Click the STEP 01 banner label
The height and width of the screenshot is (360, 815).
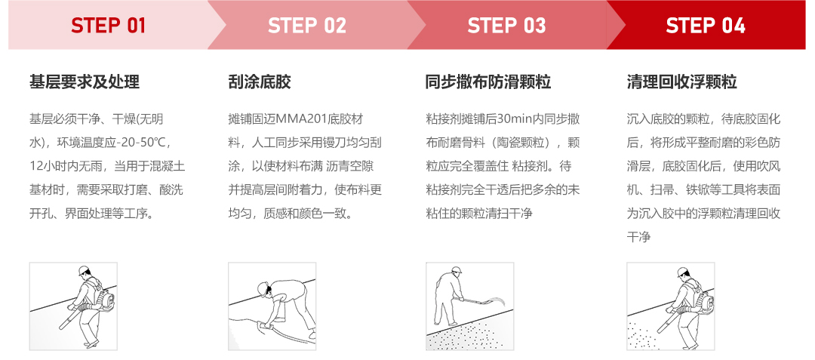tap(108, 26)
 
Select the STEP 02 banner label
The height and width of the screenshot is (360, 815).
tap(307, 26)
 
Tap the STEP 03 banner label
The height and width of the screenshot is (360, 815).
tap(506, 26)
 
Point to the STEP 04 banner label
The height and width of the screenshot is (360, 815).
tap(706, 26)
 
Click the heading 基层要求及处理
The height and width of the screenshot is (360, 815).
tap(85, 82)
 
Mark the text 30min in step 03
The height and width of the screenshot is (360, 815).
tap(514, 119)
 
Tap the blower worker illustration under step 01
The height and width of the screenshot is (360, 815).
tap(73, 306)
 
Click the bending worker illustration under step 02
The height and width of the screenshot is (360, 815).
tap(272, 306)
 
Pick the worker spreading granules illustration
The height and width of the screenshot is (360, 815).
tap(469, 306)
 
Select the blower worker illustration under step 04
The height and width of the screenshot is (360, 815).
tap(670, 306)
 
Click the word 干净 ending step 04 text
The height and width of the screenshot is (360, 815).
tap(638, 237)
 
